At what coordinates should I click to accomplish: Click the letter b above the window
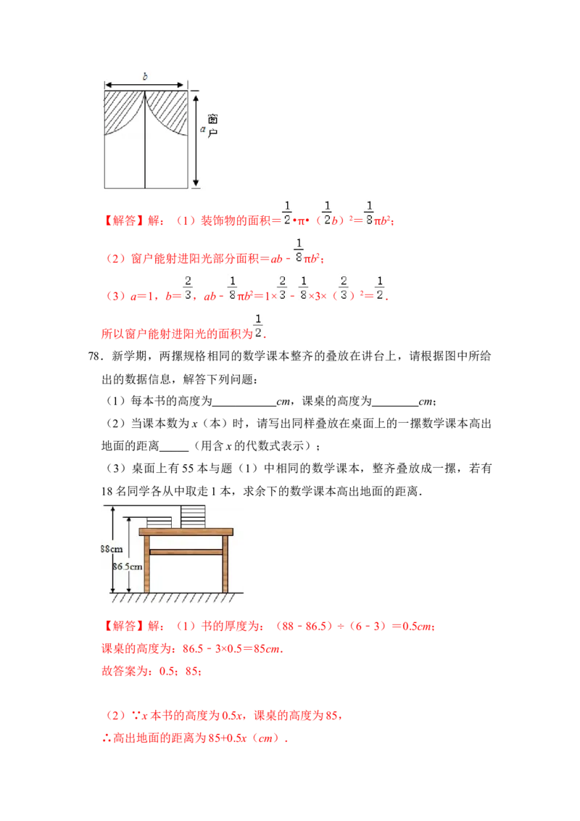[x=145, y=75]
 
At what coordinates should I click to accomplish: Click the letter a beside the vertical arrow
[x=202, y=129]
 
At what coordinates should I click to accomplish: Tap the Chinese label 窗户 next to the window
[x=212, y=125]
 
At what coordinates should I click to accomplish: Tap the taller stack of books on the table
[x=193, y=516]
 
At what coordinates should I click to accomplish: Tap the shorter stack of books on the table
[x=159, y=522]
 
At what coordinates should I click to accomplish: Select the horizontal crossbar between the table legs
[x=186, y=552]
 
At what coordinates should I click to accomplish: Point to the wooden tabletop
[x=186, y=532]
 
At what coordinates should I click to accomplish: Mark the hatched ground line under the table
[x=174, y=598]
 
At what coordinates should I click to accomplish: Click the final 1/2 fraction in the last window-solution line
[x=257, y=325]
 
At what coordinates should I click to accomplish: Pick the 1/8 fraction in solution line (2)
[x=298, y=249]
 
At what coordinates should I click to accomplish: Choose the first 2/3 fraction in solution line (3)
[x=188, y=287]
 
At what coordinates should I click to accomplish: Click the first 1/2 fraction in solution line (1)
[x=287, y=213]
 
